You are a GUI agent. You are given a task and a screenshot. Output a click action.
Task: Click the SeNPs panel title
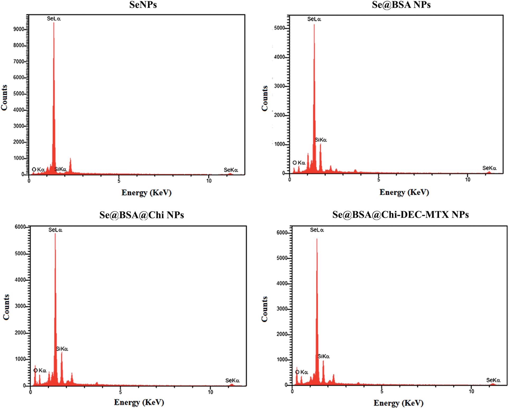point(143,5)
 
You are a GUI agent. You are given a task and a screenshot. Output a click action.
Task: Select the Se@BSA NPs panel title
point(401,5)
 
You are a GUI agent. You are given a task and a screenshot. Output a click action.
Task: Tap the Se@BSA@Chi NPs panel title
point(142,215)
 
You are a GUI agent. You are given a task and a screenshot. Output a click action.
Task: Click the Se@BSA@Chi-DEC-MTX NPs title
point(400,214)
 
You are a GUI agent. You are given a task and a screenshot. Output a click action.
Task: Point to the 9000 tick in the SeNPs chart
point(19,29)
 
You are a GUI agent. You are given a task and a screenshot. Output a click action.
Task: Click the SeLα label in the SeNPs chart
point(54,19)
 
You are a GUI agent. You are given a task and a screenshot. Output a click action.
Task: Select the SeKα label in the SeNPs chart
point(231,170)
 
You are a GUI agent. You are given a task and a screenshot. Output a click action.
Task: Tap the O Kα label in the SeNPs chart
point(38,169)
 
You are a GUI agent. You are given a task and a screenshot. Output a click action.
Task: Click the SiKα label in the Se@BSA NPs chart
point(321,140)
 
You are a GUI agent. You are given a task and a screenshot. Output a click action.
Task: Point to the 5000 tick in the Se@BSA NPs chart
point(279,28)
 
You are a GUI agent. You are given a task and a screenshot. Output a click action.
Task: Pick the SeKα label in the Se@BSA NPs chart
point(489,168)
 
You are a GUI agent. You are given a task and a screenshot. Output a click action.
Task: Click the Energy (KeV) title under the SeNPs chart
point(146,192)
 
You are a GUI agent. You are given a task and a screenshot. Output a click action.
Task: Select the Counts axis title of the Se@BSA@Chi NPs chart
point(6,307)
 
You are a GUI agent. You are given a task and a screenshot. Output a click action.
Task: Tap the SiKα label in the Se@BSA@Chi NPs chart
point(62,349)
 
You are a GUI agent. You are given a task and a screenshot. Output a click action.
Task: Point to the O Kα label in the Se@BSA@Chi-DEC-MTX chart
point(302,372)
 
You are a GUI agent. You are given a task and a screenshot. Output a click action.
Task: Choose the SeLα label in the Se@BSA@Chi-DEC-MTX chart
point(317,230)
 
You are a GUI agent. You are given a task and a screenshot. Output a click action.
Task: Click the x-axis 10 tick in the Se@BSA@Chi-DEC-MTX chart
point(471,391)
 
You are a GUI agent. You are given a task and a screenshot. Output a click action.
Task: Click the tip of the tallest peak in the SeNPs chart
point(54,23)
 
